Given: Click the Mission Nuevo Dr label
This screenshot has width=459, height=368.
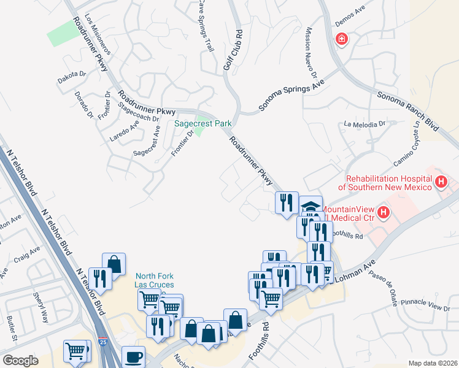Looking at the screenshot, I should (x=310, y=56).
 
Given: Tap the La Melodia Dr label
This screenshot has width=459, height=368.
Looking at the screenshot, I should (x=364, y=124).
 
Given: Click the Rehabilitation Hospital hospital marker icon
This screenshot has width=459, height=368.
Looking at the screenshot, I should (x=441, y=182).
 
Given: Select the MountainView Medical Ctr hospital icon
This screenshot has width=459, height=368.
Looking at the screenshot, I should (x=384, y=213).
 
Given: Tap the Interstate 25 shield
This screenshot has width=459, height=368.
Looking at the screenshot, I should (x=109, y=357).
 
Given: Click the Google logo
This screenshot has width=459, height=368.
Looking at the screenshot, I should (x=20, y=361).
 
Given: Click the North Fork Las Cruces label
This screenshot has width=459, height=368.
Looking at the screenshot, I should (x=155, y=280).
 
